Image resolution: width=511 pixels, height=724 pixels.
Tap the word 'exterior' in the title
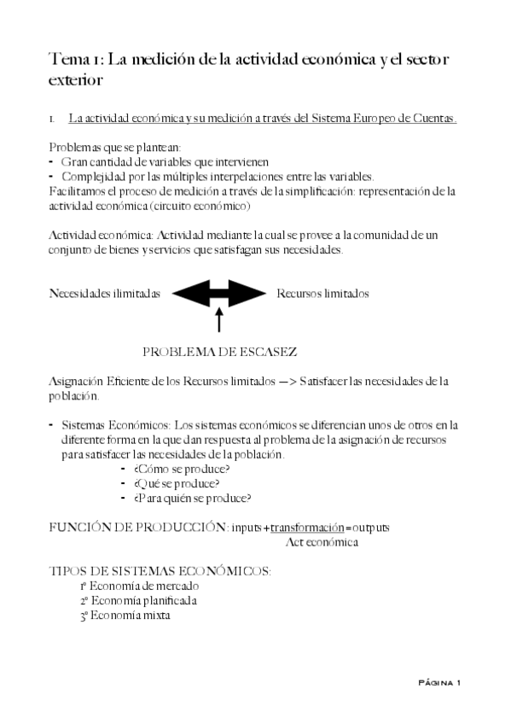tap(76, 80)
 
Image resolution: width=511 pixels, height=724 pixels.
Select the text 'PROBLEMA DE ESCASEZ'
tap(219, 352)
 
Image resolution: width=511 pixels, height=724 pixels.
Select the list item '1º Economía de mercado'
tap(140, 587)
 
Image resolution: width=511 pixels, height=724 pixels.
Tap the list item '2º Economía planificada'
tap(139, 600)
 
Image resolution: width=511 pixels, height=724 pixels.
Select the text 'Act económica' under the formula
tap(322, 542)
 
